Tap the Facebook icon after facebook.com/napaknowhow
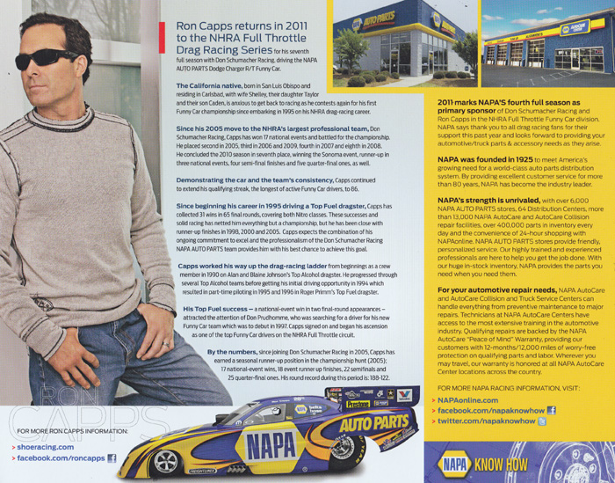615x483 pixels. (x=552, y=410)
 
